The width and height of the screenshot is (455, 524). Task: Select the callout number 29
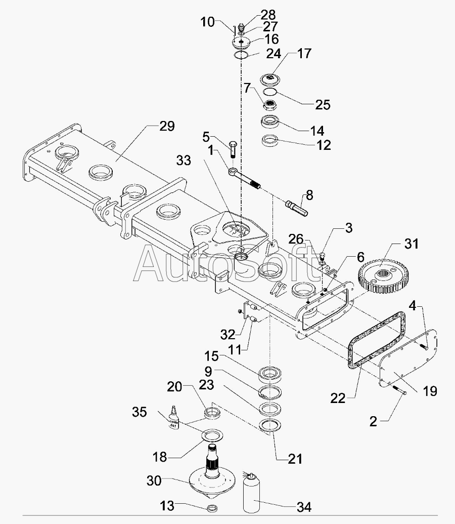[167, 127]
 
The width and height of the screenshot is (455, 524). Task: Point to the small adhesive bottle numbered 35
[173, 418]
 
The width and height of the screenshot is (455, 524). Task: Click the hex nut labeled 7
[270, 105]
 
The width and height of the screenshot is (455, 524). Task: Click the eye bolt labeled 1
[245, 179]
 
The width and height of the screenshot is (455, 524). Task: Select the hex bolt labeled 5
[233, 150]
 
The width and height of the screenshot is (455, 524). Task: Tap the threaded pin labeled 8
[297, 208]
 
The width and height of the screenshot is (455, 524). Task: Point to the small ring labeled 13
[212, 508]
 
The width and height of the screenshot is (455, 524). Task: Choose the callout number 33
[184, 160]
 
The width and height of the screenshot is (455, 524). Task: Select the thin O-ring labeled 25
[270, 92]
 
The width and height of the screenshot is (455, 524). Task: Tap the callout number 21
[295, 459]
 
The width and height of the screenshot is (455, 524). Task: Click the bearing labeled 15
[270, 374]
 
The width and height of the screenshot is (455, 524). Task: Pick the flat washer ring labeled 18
[212, 436]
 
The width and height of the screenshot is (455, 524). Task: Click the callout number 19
[430, 391]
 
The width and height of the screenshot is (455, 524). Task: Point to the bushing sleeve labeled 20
[212, 413]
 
